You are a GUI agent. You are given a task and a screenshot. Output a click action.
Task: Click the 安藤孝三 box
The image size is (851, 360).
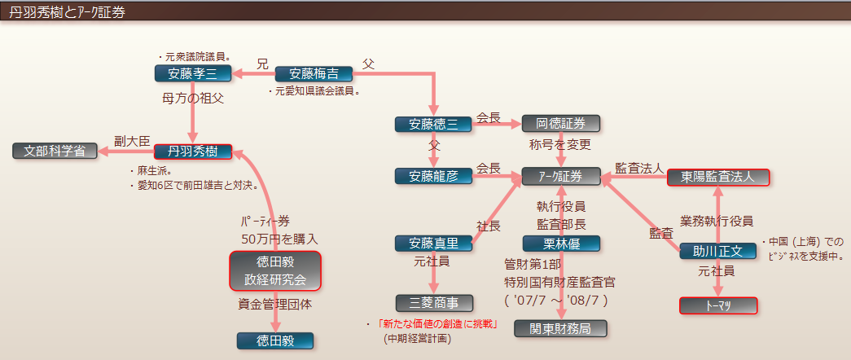coord(194,74)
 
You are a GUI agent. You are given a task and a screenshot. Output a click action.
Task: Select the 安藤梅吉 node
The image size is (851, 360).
coord(314,74)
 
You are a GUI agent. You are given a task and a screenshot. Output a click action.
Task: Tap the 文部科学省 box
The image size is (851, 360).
coord(55,151)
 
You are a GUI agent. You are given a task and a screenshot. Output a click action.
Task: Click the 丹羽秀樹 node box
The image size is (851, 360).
coord(193,151)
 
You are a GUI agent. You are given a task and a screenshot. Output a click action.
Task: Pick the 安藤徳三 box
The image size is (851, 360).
coord(433,125)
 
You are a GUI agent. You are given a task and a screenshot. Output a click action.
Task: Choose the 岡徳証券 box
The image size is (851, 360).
coord(560,124)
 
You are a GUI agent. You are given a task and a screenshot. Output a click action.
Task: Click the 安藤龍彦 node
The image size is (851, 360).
coord(433,176)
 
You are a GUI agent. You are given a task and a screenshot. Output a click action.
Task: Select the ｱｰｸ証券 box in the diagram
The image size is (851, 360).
coord(561,176)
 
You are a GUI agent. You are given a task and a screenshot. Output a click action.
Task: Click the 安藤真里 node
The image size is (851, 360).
coord(433,244)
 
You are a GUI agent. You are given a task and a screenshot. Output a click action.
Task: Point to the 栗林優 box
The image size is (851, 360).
coord(561,244)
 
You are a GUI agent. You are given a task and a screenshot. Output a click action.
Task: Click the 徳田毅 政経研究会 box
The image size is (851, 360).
coord(275,271)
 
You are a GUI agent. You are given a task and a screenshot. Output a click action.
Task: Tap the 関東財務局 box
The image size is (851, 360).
coord(561,328)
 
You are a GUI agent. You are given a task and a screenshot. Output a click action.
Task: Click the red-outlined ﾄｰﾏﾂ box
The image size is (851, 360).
coord(718,305)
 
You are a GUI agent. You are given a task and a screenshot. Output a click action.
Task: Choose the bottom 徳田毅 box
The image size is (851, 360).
coord(275,341)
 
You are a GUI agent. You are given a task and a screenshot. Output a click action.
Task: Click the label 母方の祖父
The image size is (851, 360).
coord(193,99)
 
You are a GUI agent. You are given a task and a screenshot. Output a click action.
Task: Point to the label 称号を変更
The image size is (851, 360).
coord(560,145)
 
